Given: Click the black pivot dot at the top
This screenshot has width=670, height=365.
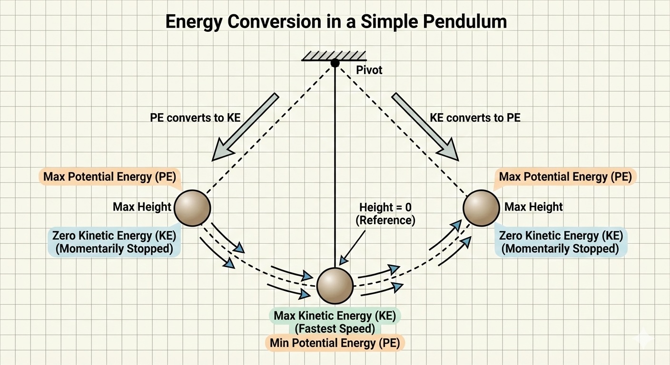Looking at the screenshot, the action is coord(335,63).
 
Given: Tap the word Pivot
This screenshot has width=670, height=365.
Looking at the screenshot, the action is coord(369,70).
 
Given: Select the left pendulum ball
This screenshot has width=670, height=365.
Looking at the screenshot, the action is coord(192,208).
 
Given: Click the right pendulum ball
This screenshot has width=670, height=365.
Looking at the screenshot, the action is coord(481,208).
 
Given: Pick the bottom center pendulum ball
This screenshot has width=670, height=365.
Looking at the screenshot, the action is coord(335,286).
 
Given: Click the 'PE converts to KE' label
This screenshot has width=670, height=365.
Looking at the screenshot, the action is coord(195,118).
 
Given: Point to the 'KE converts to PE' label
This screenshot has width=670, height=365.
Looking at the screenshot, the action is coord(475,118).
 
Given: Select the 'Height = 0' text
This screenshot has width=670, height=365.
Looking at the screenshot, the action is coord(385,207).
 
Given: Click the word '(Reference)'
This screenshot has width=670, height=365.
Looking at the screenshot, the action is coord(385,221).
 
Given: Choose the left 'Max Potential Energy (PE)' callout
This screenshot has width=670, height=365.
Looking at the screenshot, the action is coord(109,176).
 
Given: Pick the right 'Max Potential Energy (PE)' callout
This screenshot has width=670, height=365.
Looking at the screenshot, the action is coord(565,176).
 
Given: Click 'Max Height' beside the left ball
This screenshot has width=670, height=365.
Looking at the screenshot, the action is coord(142,207).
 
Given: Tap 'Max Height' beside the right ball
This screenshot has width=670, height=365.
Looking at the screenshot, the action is coord(533,207).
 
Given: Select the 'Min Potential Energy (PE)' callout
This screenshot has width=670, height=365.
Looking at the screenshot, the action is coord(335,343).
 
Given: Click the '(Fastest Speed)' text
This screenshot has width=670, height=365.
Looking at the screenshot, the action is coord(335,329).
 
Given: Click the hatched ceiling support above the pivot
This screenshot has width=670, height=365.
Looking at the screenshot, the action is coord(334,56).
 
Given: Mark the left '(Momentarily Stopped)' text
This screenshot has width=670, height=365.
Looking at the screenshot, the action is coord(114,249).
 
